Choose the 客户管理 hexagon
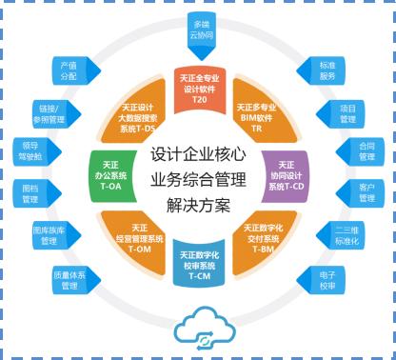pyautogui.click(x=366, y=193)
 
